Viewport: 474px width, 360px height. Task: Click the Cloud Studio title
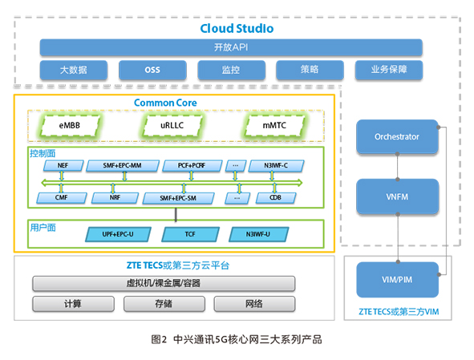click(x=237, y=28)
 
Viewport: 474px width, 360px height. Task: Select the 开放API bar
click(x=231, y=47)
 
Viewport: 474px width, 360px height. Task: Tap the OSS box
click(x=152, y=70)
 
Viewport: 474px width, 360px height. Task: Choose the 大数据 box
click(x=74, y=70)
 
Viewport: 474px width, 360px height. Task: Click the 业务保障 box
click(x=389, y=70)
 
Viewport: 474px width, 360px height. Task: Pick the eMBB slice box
click(x=70, y=125)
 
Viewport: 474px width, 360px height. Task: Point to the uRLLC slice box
click(x=172, y=125)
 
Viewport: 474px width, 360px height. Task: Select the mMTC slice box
click(x=274, y=125)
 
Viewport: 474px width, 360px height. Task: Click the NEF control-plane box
click(x=63, y=166)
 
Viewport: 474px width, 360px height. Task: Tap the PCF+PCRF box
click(x=192, y=166)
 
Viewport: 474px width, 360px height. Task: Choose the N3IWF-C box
click(x=276, y=166)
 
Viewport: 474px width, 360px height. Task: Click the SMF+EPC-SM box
click(x=178, y=198)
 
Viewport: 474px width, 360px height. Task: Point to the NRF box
click(x=115, y=198)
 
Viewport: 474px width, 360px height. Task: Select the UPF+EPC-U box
click(x=118, y=234)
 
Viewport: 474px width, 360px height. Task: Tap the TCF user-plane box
click(x=190, y=234)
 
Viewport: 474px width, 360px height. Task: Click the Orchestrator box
click(x=397, y=137)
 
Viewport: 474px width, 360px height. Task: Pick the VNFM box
click(x=397, y=196)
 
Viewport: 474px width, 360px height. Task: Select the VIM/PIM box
click(x=397, y=280)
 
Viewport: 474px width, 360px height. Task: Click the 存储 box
click(x=164, y=304)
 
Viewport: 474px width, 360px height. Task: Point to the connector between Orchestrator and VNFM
click(x=398, y=167)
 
